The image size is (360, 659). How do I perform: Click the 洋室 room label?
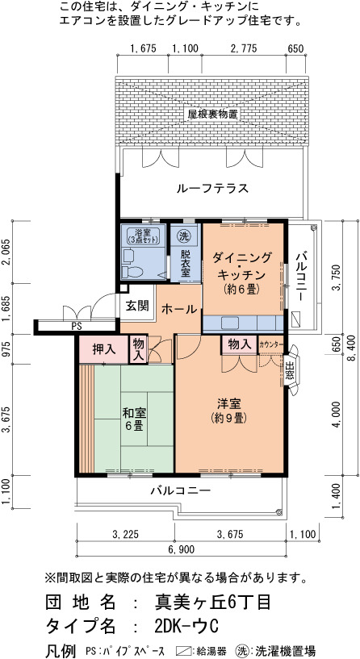coord(229,404)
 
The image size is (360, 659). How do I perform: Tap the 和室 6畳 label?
coord(134,419)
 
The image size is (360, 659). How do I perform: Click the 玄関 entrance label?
coord(138,306)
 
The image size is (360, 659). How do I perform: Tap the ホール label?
coord(179,309)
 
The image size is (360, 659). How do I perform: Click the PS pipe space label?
coord(77,326)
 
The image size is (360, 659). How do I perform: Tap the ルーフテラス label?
coord(212,188)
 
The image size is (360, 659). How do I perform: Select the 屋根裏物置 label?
coord(213,114)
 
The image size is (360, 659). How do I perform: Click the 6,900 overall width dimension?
coord(182,549)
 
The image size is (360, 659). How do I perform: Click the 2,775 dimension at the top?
coord(244,48)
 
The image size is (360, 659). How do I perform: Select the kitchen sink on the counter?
coord(231,323)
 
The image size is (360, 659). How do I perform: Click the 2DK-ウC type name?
coord(186,627)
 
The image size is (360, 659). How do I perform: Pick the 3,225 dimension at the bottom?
coord(125,534)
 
